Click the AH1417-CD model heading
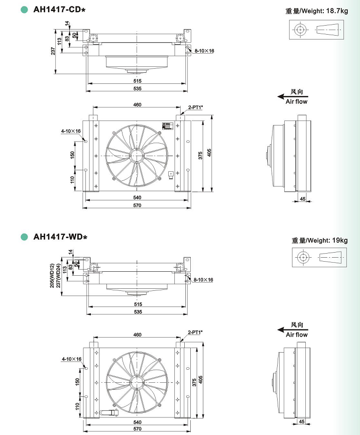coord(59,10)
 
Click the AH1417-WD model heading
coord(60,237)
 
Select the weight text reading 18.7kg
coord(337,11)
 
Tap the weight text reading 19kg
coord(340,240)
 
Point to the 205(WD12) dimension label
coord(52,275)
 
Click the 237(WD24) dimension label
coord(58,275)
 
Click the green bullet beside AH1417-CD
coord(25,10)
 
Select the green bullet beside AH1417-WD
coord(25,237)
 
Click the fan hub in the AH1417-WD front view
coord(137,383)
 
